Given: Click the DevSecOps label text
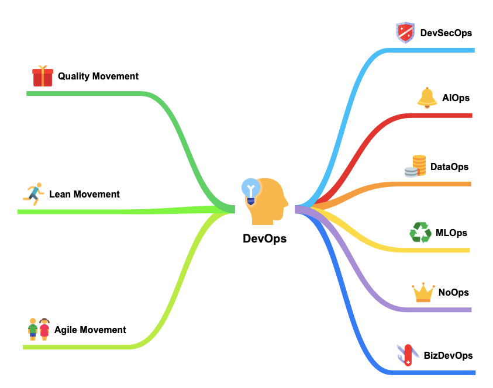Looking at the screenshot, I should [x=446, y=33].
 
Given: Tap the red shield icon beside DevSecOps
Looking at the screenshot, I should [x=405, y=33].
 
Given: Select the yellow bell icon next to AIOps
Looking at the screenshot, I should [x=427, y=98].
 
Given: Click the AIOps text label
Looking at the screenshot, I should [x=456, y=98].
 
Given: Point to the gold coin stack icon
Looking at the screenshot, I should [x=416, y=166].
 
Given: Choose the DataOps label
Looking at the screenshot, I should [x=449, y=167].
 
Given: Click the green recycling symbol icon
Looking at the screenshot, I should [x=420, y=233].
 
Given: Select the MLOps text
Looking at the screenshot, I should [x=451, y=233].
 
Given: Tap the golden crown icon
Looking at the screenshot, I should [x=423, y=292].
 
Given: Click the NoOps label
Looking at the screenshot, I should [x=454, y=292].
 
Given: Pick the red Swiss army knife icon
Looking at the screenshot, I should [x=407, y=355].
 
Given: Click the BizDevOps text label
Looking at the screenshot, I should [x=448, y=355].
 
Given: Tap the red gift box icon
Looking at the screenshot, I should [x=43, y=76].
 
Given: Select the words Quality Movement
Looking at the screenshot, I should [x=98, y=76].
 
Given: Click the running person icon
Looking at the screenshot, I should [x=33, y=194].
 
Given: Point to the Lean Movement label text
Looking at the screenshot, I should [x=84, y=194].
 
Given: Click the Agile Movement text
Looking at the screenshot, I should [x=90, y=330].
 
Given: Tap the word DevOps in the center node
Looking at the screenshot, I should [x=264, y=239].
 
